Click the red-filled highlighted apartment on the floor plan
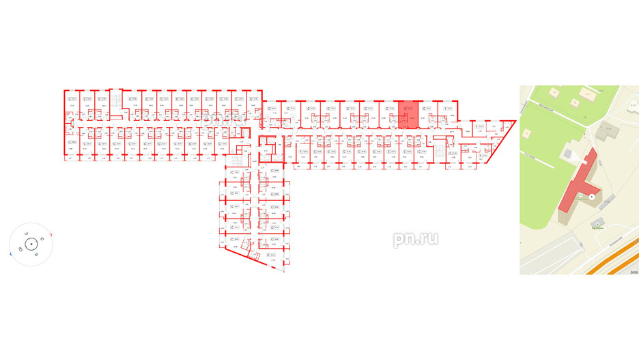(408, 115)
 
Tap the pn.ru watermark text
(415, 238)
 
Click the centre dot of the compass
(31, 244)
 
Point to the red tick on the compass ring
(51, 234)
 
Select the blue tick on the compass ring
(10, 253)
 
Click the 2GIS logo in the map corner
(631, 271)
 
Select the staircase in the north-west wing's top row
(118, 100)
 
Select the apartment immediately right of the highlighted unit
(425, 115)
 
